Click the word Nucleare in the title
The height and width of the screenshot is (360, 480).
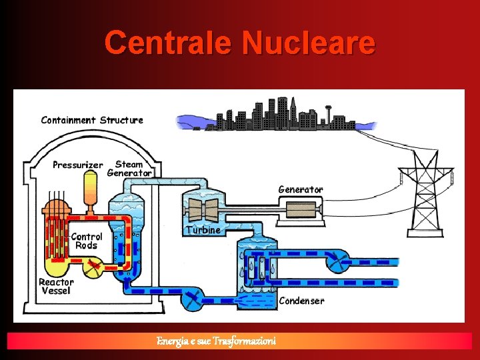(x=309, y=43)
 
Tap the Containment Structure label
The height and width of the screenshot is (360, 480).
(x=92, y=120)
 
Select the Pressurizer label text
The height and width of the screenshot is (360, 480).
(x=78, y=165)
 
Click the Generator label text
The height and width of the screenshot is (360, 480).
(x=300, y=189)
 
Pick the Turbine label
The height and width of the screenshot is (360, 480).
(x=203, y=230)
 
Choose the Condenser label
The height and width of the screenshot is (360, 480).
(x=301, y=301)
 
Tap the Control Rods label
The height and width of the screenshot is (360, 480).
(x=87, y=241)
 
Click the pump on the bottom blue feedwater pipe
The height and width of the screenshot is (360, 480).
(x=193, y=299)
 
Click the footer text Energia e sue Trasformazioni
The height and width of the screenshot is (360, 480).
(x=216, y=341)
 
